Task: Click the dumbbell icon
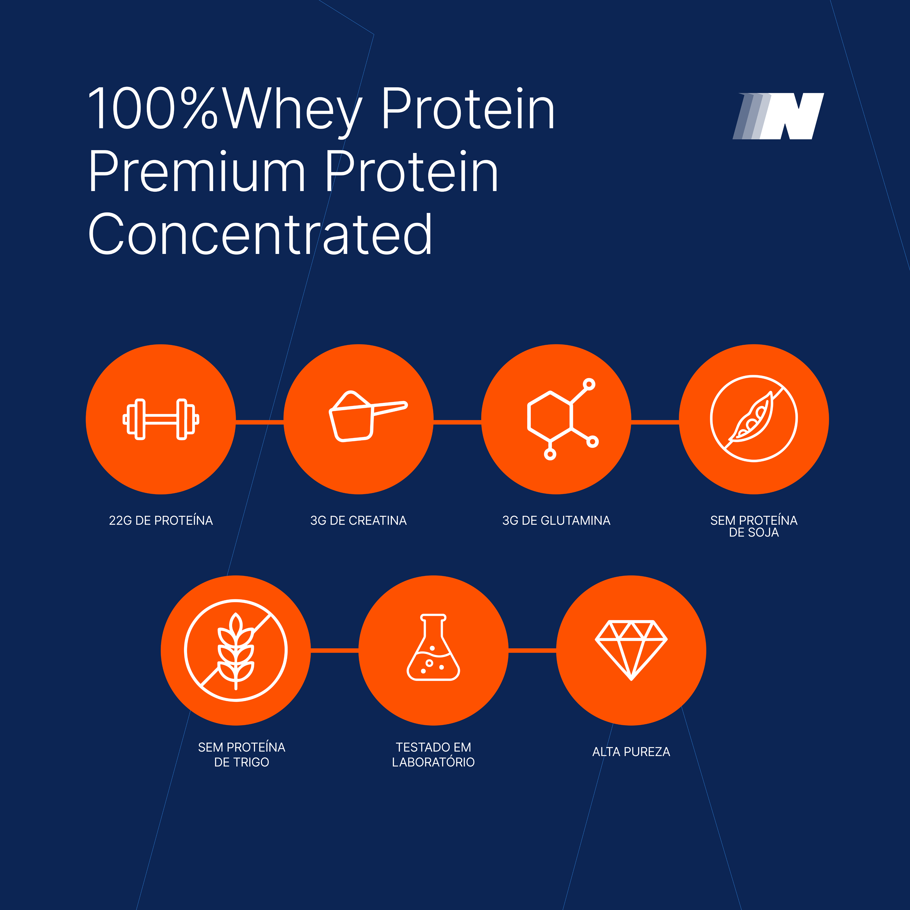click(x=161, y=419)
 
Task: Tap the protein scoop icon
click(x=367, y=416)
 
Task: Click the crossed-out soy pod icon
click(x=754, y=418)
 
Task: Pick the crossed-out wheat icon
click(x=235, y=650)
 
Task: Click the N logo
click(x=778, y=116)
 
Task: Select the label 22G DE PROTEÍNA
click(x=161, y=520)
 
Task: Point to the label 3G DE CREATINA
click(x=358, y=520)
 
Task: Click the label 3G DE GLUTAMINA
click(x=556, y=520)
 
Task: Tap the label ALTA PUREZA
click(x=631, y=752)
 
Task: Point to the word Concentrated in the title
click(x=260, y=234)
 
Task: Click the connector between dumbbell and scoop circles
click(x=260, y=422)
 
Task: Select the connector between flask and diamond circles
click(x=532, y=650)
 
